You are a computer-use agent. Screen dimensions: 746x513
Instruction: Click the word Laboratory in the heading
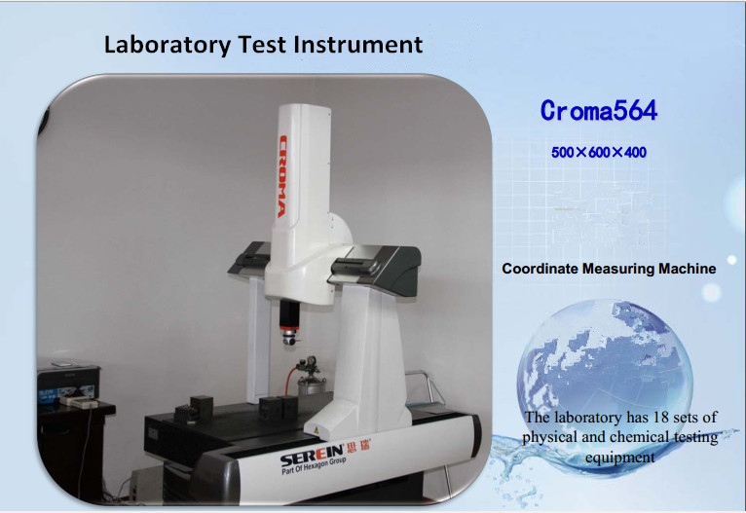(167, 45)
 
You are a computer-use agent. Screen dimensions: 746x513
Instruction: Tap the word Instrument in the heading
(357, 44)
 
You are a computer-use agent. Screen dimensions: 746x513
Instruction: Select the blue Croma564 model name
(599, 111)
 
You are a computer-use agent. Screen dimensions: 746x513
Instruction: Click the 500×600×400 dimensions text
(599, 153)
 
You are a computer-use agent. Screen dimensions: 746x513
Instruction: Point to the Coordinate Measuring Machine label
(609, 269)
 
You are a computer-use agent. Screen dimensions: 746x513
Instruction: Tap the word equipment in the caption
(620, 458)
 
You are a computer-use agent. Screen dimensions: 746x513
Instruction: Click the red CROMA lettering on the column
(282, 176)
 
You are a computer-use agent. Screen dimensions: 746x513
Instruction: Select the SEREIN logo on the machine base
(312, 456)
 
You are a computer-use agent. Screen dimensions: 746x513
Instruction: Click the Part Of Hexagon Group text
(314, 465)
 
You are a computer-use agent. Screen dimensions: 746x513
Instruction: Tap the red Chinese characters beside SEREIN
(359, 446)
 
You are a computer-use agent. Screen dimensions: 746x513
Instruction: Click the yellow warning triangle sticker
(315, 430)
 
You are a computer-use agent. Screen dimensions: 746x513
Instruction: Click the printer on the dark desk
(68, 382)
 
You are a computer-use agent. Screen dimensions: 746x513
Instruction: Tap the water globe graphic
(605, 381)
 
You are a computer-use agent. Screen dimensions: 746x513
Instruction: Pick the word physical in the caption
(548, 437)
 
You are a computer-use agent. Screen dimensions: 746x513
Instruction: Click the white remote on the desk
(79, 403)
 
